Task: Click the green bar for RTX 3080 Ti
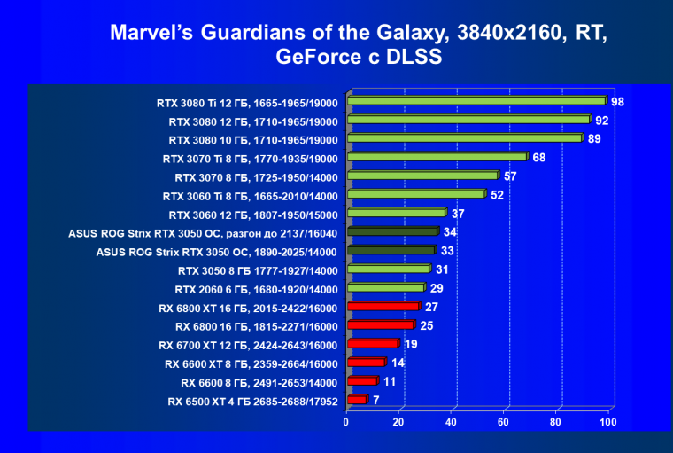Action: point(476,101)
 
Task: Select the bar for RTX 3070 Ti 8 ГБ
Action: point(437,157)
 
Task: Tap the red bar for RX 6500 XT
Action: point(357,400)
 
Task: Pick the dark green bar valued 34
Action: point(392,231)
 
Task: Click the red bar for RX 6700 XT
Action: point(373,343)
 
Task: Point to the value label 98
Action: point(617,102)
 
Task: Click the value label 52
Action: point(497,195)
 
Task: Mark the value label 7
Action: point(376,400)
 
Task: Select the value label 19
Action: point(411,344)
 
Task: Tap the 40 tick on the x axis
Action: point(451,422)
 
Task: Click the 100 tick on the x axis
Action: point(607,422)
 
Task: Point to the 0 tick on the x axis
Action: point(346,422)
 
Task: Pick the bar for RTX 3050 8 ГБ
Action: point(388,269)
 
